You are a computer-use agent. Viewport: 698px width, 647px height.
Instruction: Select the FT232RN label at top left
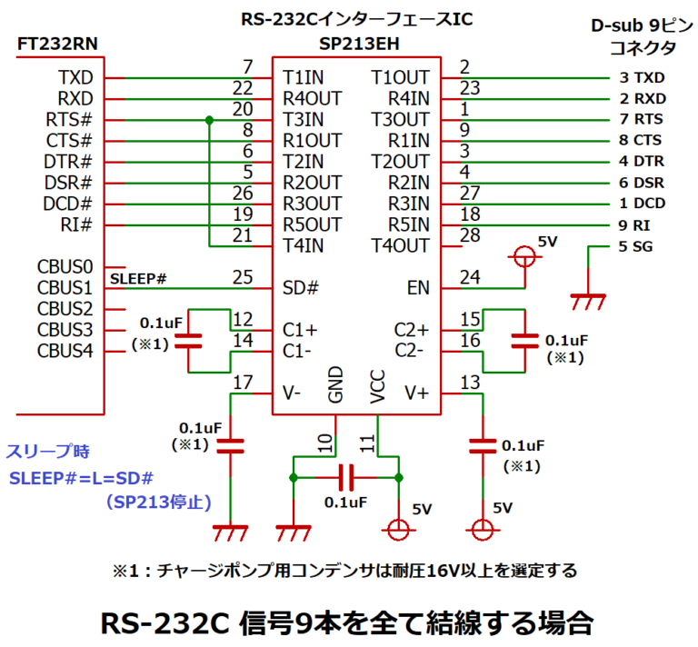[x=56, y=44]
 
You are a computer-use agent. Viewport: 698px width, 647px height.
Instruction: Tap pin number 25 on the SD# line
[x=242, y=275]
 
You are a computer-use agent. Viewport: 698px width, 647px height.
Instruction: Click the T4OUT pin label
[x=400, y=245]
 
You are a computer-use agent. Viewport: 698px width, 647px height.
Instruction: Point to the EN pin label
[x=417, y=288]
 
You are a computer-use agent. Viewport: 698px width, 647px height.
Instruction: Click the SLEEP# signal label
[x=137, y=277]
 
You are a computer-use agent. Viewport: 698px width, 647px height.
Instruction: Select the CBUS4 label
[x=65, y=350]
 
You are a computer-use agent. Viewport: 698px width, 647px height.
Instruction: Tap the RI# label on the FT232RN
[x=76, y=224]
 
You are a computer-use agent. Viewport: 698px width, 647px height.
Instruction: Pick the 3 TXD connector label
[x=637, y=78]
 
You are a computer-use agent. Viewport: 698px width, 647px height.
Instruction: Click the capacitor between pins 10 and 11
[x=345, y=476]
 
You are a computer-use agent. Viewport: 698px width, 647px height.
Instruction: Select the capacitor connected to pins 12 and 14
[x=188, y=342]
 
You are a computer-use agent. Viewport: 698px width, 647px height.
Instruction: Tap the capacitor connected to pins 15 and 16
[x=524, y=340]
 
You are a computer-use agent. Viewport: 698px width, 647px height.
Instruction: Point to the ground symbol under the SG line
[x=587, y=297]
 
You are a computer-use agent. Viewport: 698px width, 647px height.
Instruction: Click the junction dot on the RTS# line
[x=209, y=120]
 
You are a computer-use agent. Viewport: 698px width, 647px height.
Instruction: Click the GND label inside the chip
[x=336, y=384]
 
